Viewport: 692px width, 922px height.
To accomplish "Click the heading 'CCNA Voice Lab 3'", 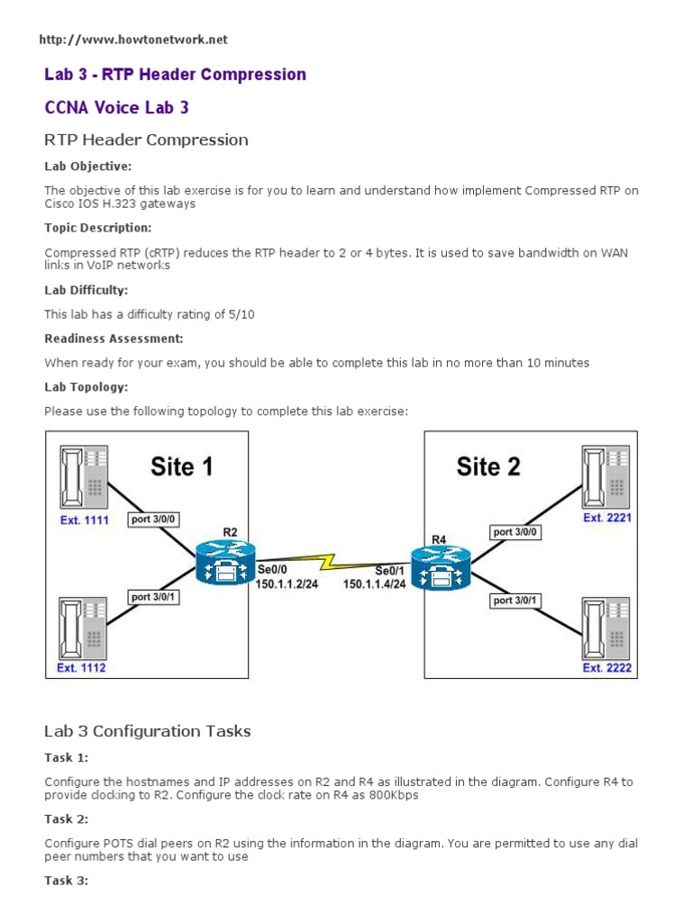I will (117, 107).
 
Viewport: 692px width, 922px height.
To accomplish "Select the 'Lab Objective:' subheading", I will (88, 167).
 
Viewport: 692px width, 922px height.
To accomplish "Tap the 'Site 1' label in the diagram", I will (181, 466).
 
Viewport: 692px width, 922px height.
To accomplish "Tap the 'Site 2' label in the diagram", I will (488, 466).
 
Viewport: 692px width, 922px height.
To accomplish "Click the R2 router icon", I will (225, 565).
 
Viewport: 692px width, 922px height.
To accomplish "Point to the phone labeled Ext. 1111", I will (83, 477).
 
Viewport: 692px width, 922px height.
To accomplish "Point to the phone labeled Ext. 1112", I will (83, 627).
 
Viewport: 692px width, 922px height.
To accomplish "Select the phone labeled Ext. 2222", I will (605, 627).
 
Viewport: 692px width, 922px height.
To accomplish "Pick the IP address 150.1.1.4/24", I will (374, 583).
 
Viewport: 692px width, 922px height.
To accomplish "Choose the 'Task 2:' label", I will (67, 818).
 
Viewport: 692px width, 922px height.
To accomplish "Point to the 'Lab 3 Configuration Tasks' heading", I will (148, 731).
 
